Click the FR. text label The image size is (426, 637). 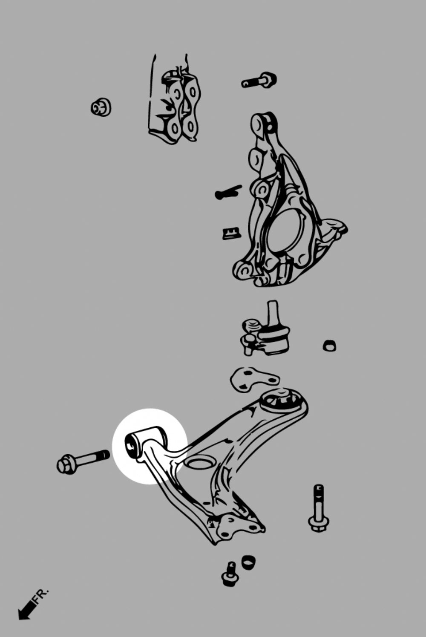40,598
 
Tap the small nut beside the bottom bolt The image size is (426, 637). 248,561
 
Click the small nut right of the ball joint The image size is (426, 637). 330,345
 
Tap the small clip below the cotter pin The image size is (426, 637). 231,233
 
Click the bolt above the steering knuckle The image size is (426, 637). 259,80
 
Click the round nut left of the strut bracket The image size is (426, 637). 101,107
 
